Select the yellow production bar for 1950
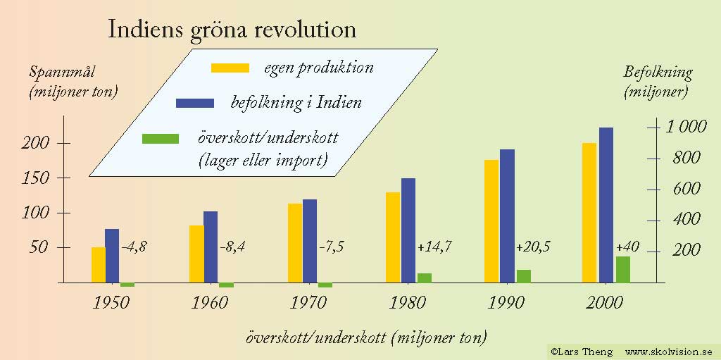tap(99, 265)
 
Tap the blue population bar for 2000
tap(606, 205)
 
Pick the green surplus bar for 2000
tap(623, 269)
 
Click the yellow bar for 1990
tap(491, 221)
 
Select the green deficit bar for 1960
tap(226, 285)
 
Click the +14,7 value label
tap(434, 247)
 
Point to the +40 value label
tap(627, 247)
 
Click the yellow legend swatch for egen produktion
tap(230, 68)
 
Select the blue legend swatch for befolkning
tap(195, 103)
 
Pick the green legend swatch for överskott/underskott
tap(161, 138)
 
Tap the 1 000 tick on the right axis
tap(685, 127)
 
